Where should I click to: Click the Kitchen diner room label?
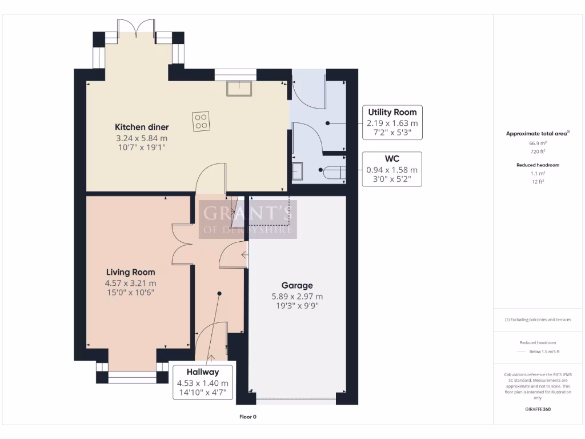click(142, 127)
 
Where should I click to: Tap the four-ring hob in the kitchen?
click(201, 121)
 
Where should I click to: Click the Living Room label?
click(130, 272)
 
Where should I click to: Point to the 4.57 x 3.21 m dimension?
click(130, 282)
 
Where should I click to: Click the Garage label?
click(296, 285)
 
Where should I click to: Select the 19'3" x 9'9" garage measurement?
click(296, 305)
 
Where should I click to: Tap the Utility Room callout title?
click(392, 112)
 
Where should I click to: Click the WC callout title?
click(392, 158)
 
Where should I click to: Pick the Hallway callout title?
click(202, 372)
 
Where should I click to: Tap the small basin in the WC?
click(297, 170)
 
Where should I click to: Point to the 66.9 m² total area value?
click(539, 143)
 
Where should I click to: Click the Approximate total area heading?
click(537, 133)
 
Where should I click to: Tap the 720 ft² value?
click(539, 151)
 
